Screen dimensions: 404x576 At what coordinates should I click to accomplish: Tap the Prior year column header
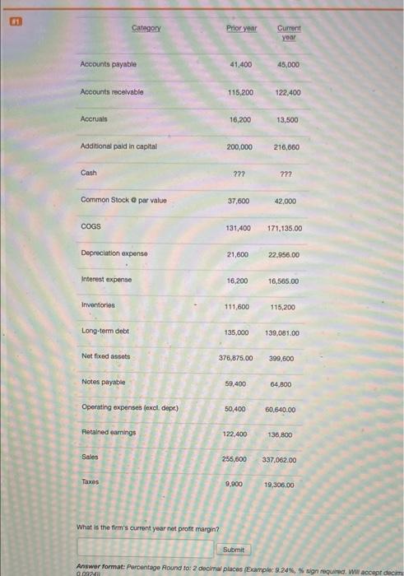242,28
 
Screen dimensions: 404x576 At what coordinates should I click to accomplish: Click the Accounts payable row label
109,64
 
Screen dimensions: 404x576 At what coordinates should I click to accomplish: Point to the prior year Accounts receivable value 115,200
240,92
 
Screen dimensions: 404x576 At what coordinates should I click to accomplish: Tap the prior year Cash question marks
240,174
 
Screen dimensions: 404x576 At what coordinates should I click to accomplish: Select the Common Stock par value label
123,200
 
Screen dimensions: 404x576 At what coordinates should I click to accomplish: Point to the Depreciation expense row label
114,254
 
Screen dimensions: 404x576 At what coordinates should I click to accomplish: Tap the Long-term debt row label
104,331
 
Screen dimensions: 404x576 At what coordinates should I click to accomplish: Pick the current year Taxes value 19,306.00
285,485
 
